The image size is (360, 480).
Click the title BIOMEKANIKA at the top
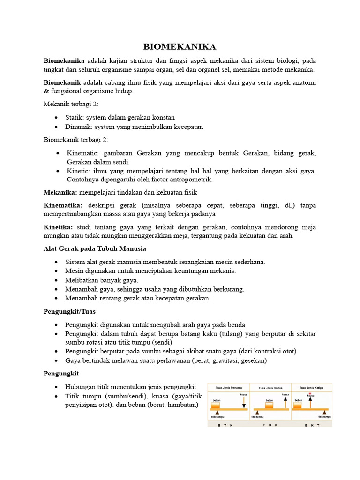point(180,47)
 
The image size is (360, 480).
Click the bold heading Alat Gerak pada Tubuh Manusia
point(95,248)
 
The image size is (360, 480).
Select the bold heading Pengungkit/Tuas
point(69,312)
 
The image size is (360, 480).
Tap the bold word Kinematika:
point(63,205)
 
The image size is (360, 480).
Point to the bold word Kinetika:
point(59,227)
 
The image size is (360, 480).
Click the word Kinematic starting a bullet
point(82,153)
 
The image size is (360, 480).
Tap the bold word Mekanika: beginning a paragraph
point(60,192)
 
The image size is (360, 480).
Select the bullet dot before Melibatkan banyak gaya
point(57,280)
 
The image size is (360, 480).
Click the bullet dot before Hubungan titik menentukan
point(57,387)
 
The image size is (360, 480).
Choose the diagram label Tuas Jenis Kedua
point(270,388)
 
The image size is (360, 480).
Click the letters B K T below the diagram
point(312,425)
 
